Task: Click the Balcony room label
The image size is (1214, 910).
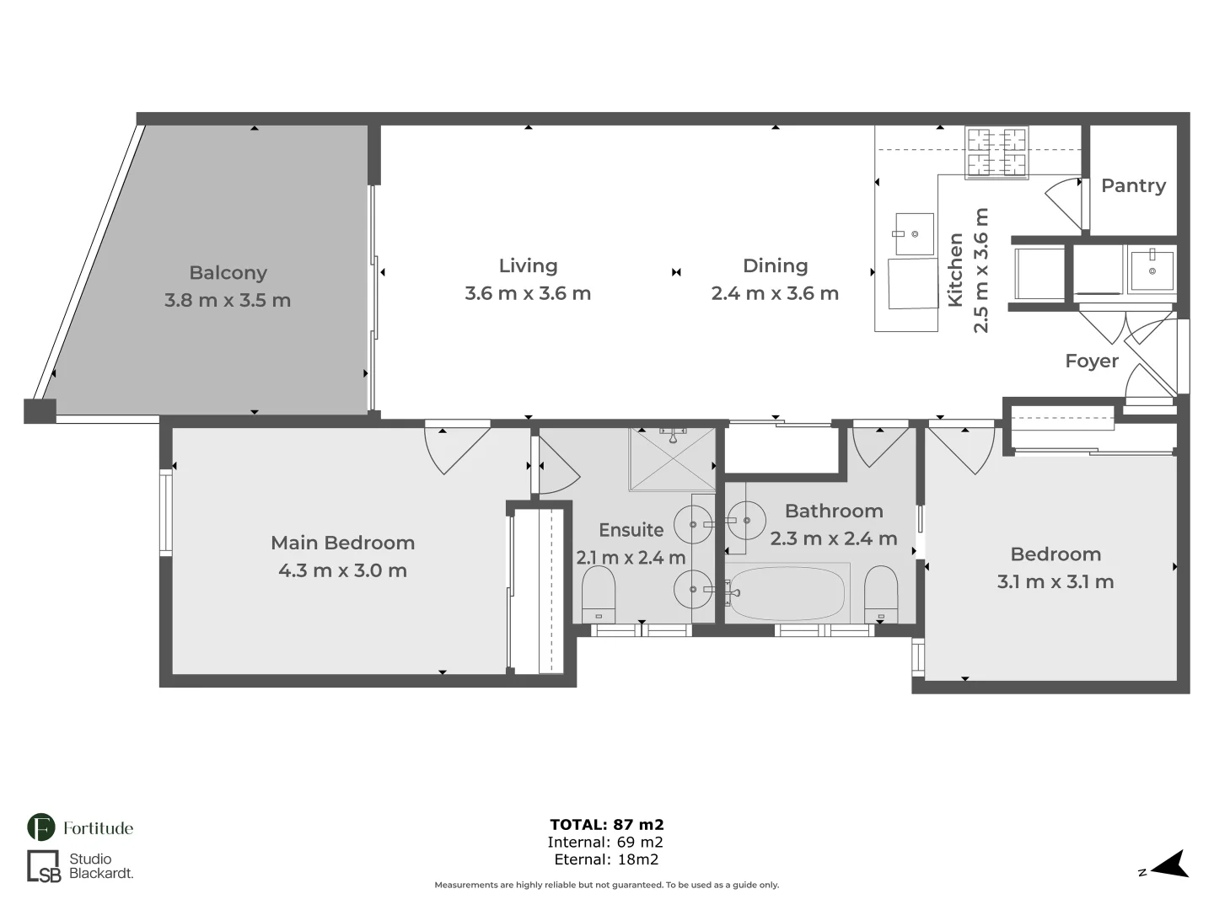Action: point(228,273)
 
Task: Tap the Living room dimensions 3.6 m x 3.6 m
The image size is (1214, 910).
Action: point(528,293)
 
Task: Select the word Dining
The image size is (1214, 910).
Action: point(775,266)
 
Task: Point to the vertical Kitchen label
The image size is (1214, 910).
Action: point(955,270)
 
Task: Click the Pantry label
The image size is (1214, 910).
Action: point(1133,185)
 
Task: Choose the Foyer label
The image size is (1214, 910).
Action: point(1091,361)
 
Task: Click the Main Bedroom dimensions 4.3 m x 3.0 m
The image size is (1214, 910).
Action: point(342,570)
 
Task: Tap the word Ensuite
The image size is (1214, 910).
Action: point(631,530)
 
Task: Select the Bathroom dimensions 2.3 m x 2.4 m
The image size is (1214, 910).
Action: point(833,538)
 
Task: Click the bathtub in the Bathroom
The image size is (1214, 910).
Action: point(786,593)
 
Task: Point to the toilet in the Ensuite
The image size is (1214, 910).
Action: point(599,593)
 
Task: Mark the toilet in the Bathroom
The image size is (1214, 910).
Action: point(881,593)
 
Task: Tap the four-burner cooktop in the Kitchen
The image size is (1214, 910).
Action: point(996,153)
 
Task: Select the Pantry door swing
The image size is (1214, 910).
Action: point(1065,202)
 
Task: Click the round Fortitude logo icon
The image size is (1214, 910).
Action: point(41,827)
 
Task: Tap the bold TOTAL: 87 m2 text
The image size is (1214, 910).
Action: point(606,825)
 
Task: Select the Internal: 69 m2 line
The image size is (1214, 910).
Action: point(605,842)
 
